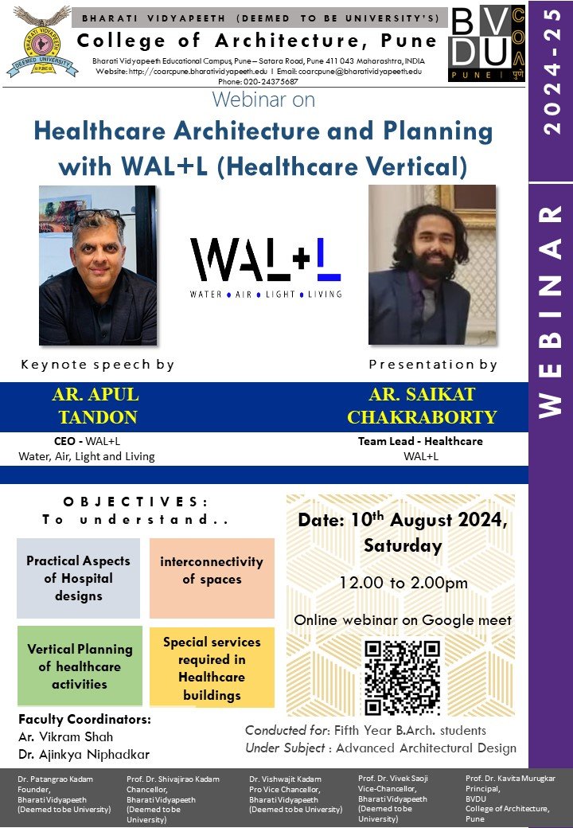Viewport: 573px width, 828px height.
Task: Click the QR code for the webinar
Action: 402,678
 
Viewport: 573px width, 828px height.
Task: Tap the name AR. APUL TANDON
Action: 95,406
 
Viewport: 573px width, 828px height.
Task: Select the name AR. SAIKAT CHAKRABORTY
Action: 433,406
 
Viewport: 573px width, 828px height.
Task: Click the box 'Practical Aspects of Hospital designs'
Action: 78,578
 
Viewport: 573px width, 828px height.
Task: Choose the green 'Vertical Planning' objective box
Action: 80,666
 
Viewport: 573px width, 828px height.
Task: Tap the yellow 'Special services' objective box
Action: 212,668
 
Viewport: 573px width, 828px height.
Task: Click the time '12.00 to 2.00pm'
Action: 403,583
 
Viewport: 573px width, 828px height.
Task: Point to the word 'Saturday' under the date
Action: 403,546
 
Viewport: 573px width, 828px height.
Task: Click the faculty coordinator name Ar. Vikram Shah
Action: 66,736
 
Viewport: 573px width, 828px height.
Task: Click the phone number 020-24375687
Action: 258,81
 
